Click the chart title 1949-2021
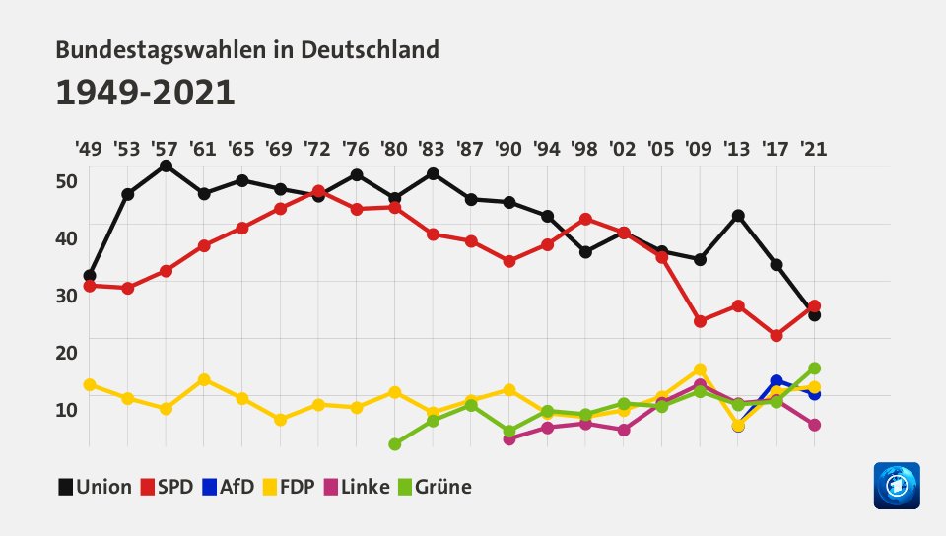click(145, 93)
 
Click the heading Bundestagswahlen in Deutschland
click(247, 49)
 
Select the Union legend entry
click(96, 486)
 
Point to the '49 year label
click(88, 149)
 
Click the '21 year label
click(813, 149)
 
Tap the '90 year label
click(508, 149)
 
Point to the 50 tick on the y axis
click(66, 181)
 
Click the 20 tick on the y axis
click(66, 352)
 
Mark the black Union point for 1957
click(166, 166)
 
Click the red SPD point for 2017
click(777, 336)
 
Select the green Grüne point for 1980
click(394, 444)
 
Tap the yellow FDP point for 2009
click(700, 369)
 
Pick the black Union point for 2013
click(738, 216)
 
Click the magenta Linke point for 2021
click(814, 425)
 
